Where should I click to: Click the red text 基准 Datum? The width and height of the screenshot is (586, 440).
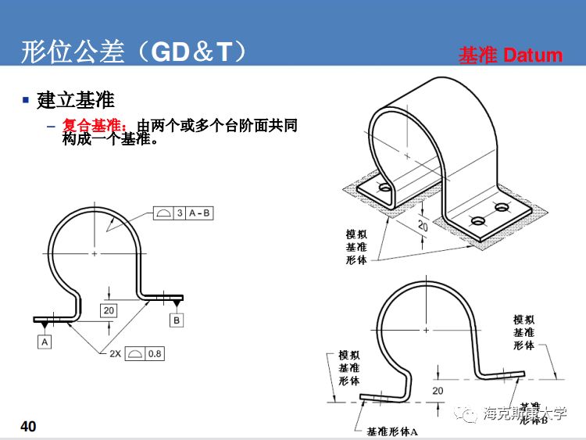point(510,55)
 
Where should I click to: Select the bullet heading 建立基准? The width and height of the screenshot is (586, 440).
point(76,100)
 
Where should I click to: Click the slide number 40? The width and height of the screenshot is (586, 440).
point(28,426)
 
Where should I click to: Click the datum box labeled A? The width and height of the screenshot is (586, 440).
point(45,342)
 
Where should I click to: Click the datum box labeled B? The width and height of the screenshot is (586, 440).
point(177,320)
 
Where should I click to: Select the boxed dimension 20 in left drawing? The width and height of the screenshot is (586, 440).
point(109,310)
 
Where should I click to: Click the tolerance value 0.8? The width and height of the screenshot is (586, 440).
point(155,353)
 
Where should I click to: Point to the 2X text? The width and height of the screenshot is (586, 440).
point(115,353)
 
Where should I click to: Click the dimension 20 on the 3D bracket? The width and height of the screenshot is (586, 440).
point(423,225)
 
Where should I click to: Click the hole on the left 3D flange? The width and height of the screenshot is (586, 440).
point(384,188)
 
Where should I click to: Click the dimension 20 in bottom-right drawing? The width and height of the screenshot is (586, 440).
point(438,391)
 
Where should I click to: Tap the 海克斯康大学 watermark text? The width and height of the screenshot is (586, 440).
point(524,414)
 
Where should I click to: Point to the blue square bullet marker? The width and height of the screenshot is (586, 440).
point(26,101)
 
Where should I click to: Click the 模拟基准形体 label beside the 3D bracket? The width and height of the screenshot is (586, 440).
point(356,247)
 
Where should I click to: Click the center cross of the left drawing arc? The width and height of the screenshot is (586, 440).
point(95,254)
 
